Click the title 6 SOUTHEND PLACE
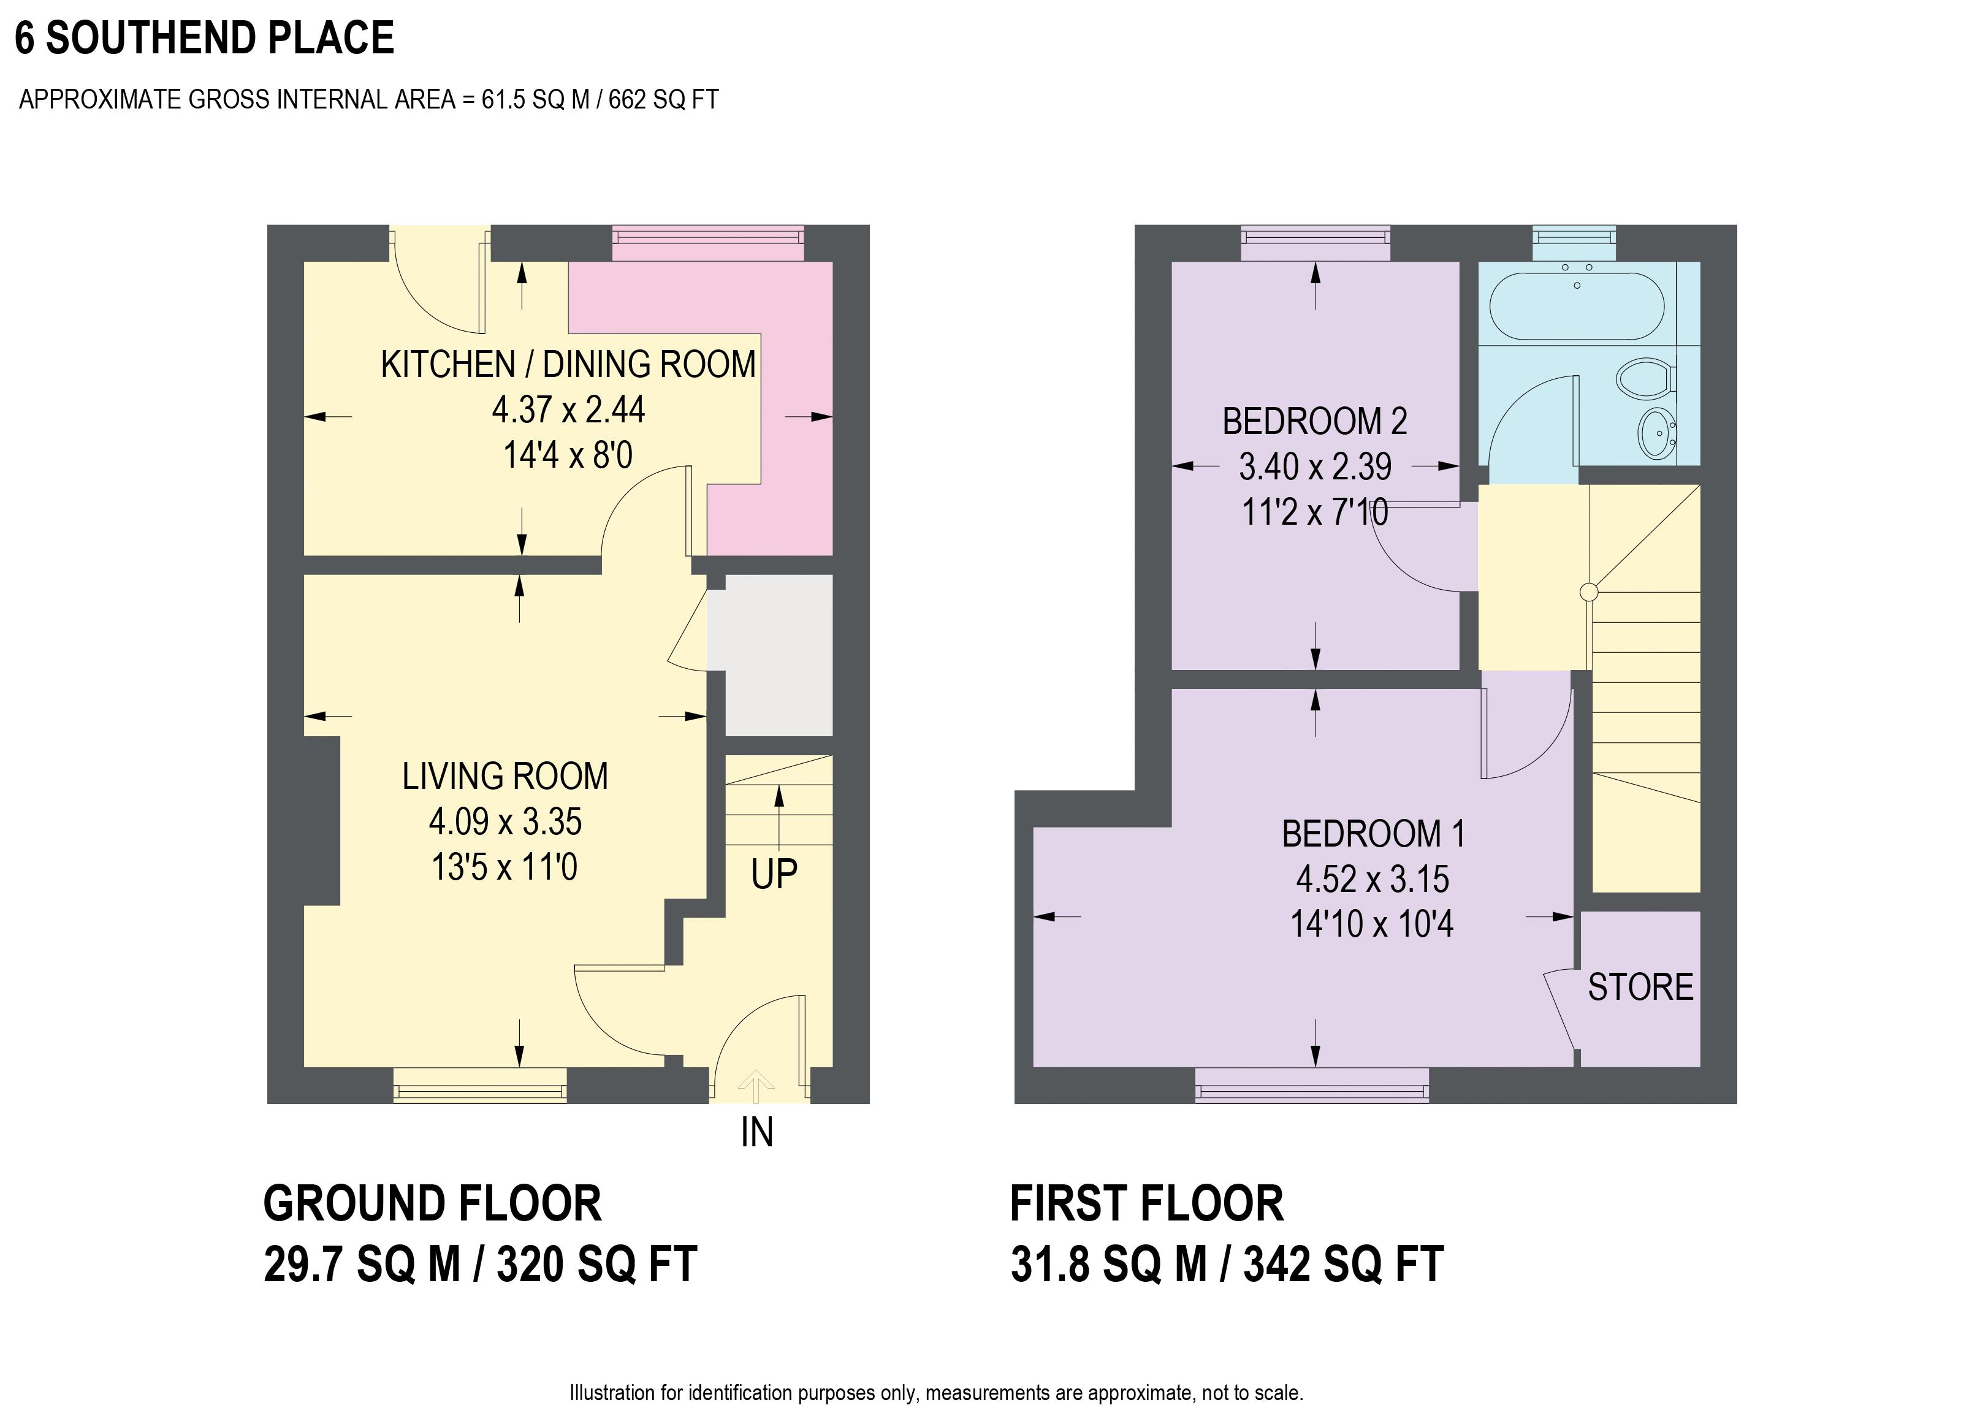click(x=205, y=38)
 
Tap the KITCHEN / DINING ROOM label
click(x=568, y=364)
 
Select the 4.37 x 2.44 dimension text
click(x=568, y=409)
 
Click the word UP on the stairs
click(x=774, y=874)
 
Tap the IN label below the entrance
click(x=756, y=1133)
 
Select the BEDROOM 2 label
click(x=1314, y=421)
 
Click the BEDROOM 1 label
click(x=1373, y=834)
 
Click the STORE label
click(x=1640, y=988)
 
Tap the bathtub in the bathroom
click(x=1577, y=306)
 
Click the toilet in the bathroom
click(x=1647, y=379)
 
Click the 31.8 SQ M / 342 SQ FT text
click(x=1227, y=1264)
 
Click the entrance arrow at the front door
click(x=756, y=1087)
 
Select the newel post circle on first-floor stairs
click(x=1588, y=592)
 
